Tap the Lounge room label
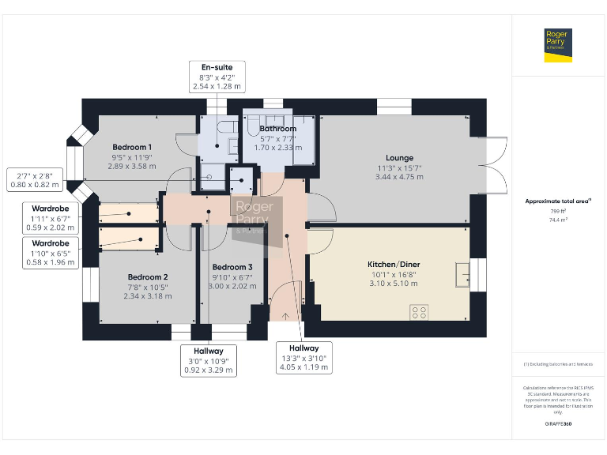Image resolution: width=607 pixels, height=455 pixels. tap(399, 158)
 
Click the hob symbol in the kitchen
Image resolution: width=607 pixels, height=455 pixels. tap(419, 313)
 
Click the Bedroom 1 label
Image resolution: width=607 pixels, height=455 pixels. tap(132, 148)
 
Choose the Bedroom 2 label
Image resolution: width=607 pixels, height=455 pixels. tap(148, 277)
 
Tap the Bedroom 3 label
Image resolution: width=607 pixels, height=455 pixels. tap(232, 267)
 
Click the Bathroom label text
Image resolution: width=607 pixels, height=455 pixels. tap(278, 129)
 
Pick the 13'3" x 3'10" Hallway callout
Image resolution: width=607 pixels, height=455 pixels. tap(303, 358)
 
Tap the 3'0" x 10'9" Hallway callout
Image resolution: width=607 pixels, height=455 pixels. tap(209, 360)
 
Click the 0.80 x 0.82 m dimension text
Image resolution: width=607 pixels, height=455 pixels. tap(39, 185)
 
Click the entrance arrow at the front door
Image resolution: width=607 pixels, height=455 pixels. tap(285, 315)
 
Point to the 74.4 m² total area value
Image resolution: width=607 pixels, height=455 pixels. tap(558, 221)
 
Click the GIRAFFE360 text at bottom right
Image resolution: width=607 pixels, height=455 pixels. tap(558, 424)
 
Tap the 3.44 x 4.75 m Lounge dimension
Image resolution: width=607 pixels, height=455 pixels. tap(399, 177)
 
